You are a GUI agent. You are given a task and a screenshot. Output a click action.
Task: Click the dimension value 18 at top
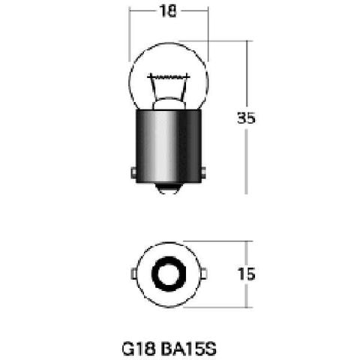[168, 11]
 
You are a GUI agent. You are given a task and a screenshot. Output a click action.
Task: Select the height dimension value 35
[246, 118]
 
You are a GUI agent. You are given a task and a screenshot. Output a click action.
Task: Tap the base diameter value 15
[247, 274]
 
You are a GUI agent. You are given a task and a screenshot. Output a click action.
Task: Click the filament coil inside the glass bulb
[169, 76]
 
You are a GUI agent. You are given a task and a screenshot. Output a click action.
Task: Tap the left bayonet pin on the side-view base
[133, 172]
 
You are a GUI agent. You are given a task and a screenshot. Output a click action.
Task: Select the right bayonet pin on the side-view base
[203, 172]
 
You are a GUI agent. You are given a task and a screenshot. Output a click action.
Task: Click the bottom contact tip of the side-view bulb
[168, 189]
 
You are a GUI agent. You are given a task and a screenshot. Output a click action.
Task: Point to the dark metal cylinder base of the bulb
[168, 146]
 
